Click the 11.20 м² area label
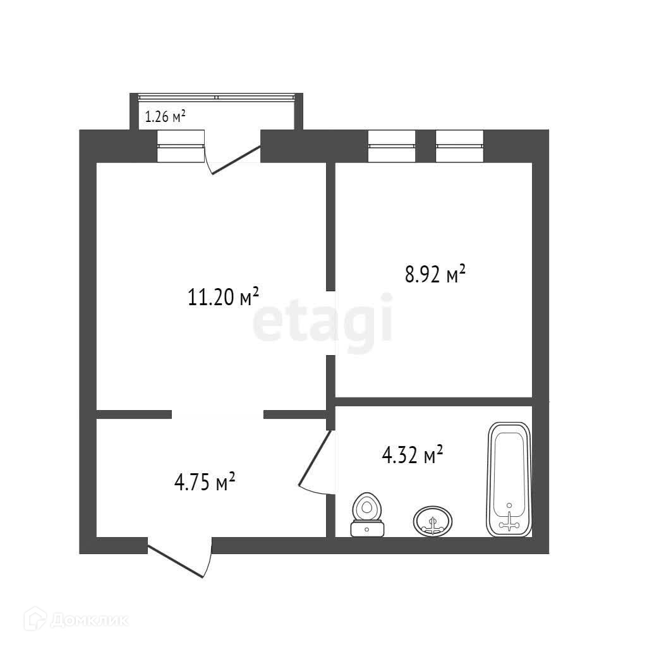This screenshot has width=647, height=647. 223,296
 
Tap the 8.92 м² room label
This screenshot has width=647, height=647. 435,274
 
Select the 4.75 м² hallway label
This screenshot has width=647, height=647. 205,482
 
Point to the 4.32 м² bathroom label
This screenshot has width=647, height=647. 413,455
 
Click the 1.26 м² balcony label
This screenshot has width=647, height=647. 165,117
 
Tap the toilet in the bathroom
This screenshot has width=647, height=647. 367,514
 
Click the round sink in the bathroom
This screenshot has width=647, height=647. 432,521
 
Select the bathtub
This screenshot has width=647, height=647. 509,480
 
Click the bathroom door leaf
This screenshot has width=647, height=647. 315,457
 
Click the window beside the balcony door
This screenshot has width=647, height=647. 181,146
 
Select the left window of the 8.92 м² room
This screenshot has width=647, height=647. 392,146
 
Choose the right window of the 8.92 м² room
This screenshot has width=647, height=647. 460,146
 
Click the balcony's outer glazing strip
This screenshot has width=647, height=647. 217,98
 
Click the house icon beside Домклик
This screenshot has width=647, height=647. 35,619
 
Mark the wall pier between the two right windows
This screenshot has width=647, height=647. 426,146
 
